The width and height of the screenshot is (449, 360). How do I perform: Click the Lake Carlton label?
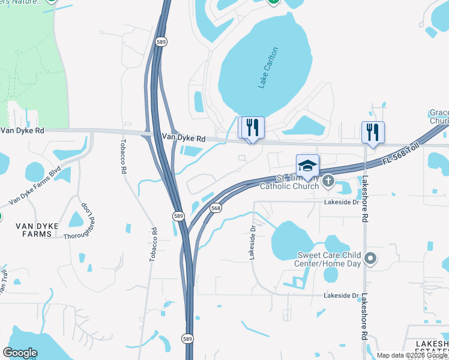[x=269, y=68]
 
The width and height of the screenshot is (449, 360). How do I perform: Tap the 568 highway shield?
[x=216, y=208]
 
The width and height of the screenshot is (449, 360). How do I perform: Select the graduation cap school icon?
[x=307, y=166]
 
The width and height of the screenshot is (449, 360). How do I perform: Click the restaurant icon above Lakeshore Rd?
[x=373, y=131]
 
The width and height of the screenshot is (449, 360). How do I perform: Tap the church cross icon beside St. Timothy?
[x=328, y=180]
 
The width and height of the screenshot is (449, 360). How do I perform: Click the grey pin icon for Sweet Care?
[x=371, y=259]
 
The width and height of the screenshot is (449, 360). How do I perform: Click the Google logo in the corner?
[x=20, y=352]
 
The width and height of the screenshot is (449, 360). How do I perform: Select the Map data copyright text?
[x=412, y=355]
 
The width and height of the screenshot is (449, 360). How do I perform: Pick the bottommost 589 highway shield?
[x=188, y=339]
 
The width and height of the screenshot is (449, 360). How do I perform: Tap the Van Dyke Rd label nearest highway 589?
[x=183, y=138]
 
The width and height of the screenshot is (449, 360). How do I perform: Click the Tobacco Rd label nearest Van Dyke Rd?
[x=123, y=157]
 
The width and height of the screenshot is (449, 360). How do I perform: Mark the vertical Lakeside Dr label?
[x=252, y=243]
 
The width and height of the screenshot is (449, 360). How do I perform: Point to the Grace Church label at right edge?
[x=439, y=117]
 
